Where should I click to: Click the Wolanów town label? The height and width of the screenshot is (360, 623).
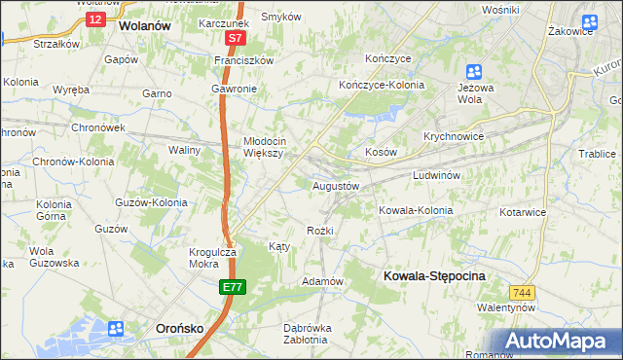(x=144, y=26)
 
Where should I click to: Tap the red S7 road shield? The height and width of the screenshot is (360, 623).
(x=235, y=38)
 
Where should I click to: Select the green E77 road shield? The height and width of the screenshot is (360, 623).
(x=232, y=287)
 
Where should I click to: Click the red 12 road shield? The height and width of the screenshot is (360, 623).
(x=94, y=18)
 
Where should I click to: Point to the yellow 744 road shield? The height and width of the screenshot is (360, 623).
(x=522, y=291)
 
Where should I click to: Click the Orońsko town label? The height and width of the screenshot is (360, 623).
(x=179, y=329)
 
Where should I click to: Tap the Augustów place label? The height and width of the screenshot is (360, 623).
(x=336, y=185)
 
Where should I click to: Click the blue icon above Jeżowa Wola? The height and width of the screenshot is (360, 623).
(x=473, y=71)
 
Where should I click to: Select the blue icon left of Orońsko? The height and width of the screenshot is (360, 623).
(x=116, y=329)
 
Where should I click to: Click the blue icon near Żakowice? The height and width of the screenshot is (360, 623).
(x=589, y=22)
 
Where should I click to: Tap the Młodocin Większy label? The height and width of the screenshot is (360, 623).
(x=263, y=146)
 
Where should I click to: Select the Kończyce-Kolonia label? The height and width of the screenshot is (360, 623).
(x=381, y=85)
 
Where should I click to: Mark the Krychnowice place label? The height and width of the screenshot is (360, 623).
(x=454, y=136)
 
